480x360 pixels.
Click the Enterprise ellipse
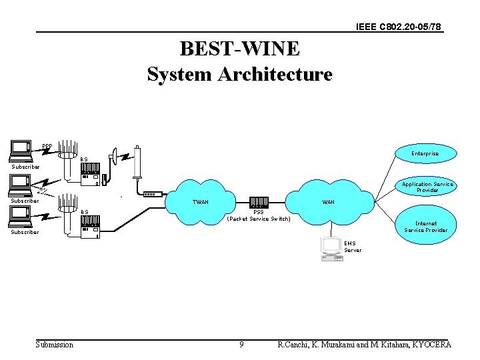(425, 154)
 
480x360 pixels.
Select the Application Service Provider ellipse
(427, 187)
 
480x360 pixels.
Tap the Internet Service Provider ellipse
(426, 227)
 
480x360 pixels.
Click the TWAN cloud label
(200, 202)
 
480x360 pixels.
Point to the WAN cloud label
(329, 202)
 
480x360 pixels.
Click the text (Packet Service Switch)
(259, 219)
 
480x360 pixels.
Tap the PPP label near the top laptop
(47, 147)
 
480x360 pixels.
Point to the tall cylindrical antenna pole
(138, 163)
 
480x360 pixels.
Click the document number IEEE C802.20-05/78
(399, 27)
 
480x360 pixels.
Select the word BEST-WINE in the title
(239, 49)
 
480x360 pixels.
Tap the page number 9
(241, 345)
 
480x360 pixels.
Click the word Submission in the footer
(55, 345)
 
